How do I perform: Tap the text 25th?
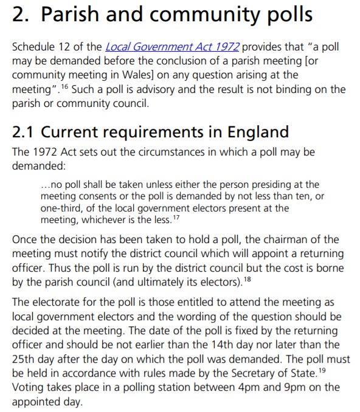[24, 359]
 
